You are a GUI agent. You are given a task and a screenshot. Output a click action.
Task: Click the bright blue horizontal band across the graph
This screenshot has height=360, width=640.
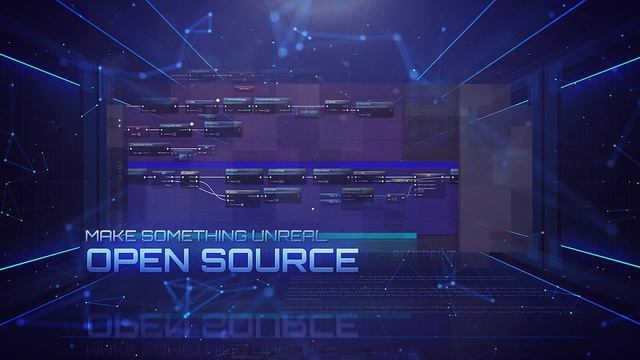coord(300,164)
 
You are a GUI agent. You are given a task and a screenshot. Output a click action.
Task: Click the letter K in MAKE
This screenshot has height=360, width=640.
coord(112,235)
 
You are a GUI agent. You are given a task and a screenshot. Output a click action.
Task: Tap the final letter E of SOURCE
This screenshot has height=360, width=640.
coord(344,260)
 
